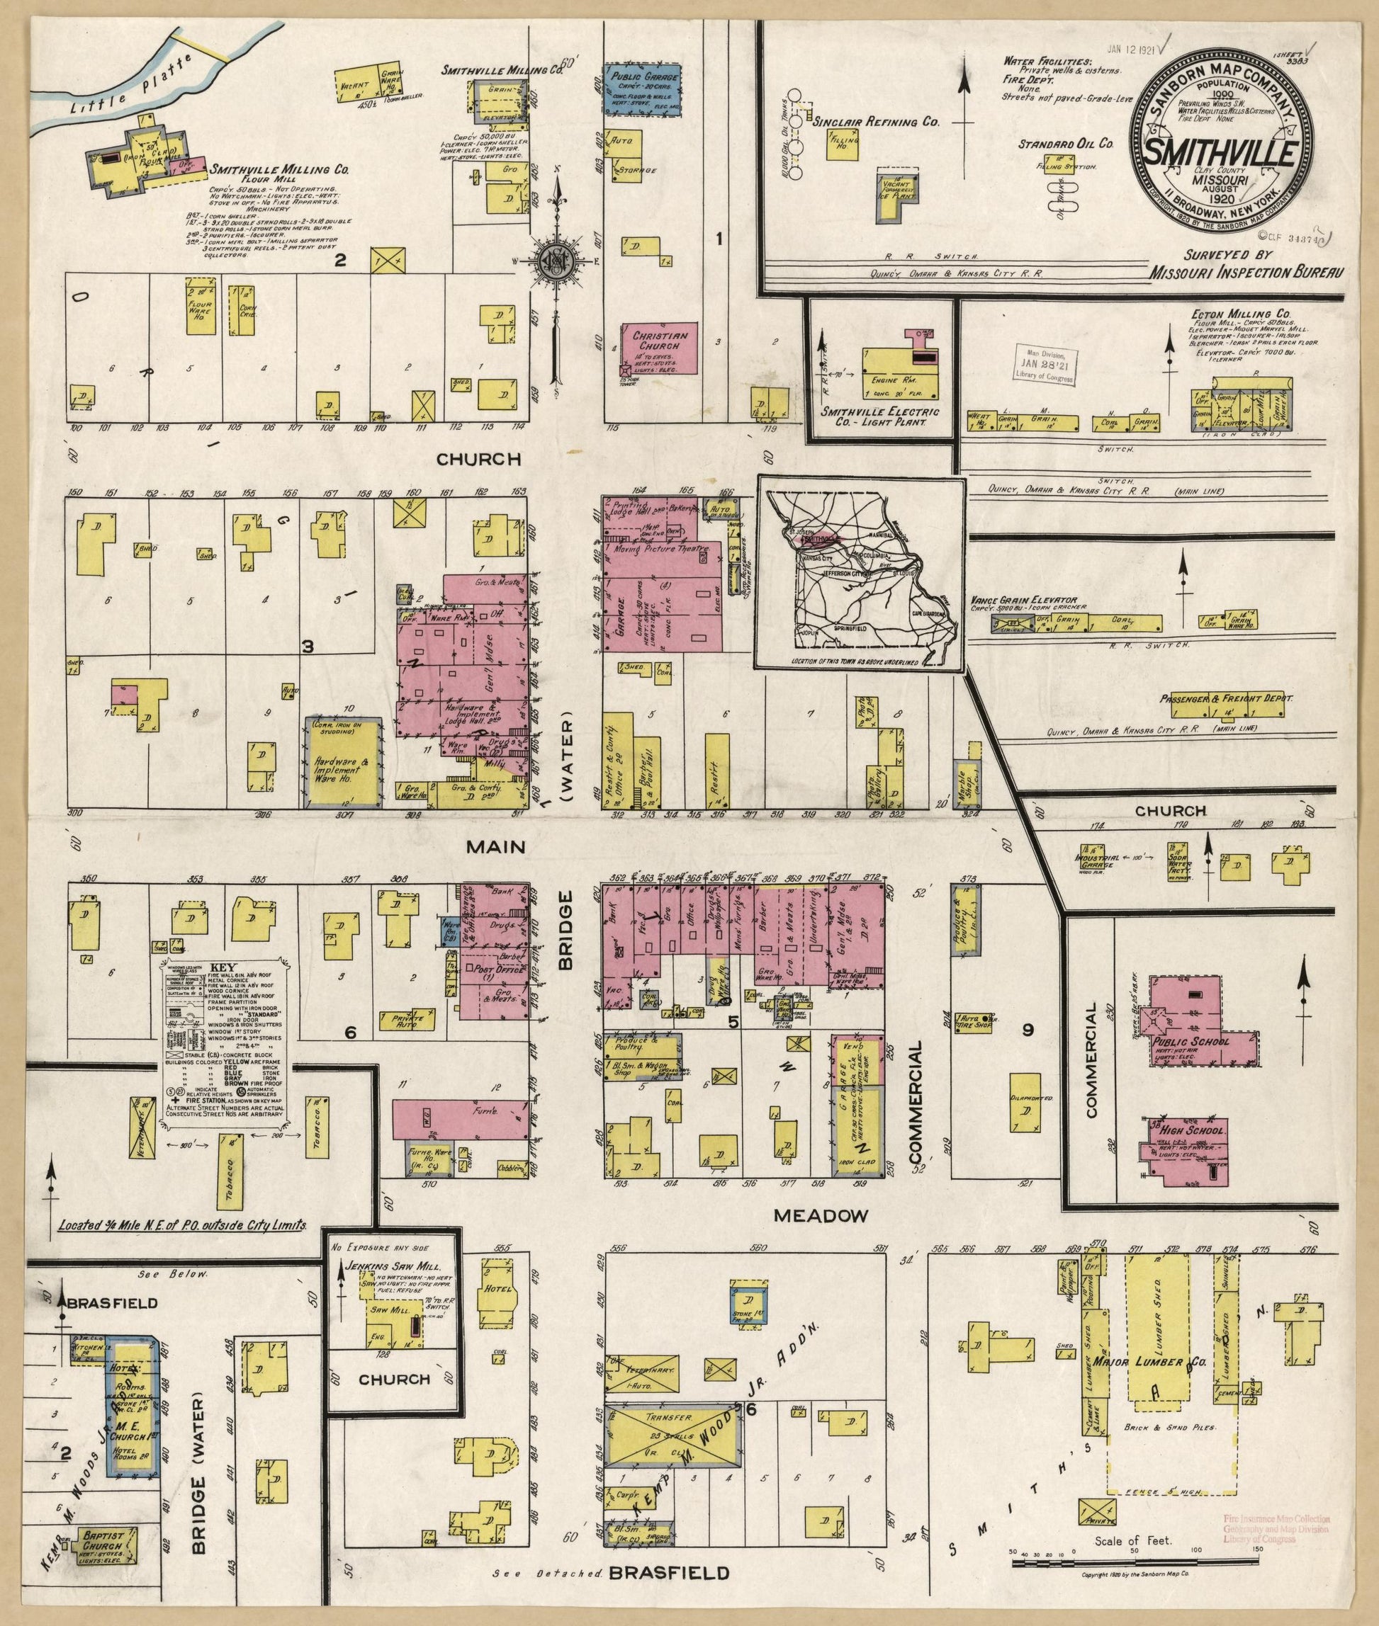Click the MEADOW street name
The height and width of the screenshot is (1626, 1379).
[821, 1216]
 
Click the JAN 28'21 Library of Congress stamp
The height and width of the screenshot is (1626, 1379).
[1045, 364]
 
